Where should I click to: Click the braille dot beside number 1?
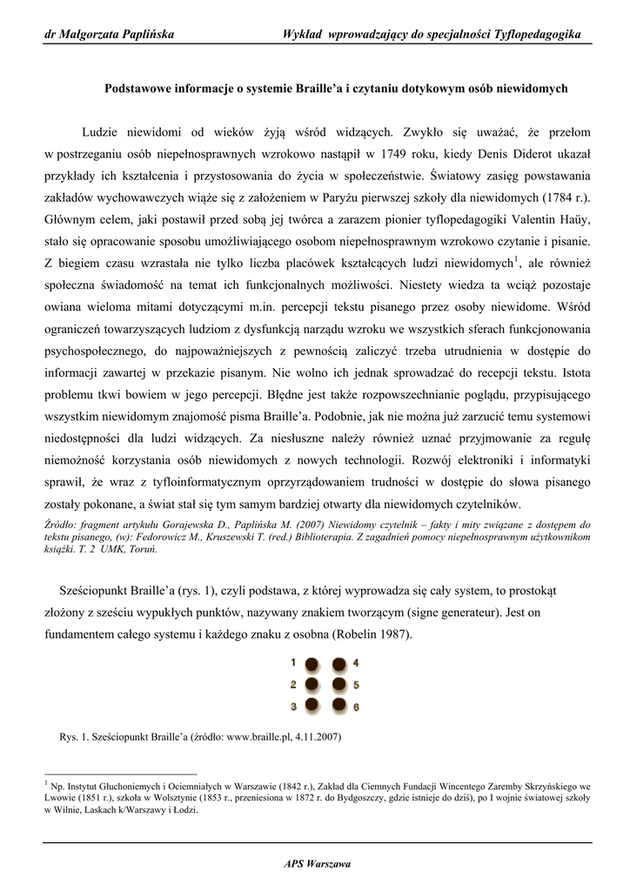click(x=314, y=663)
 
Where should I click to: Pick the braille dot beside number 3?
click(x=314, y=705)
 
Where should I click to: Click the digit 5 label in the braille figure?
click(x=356, y=686)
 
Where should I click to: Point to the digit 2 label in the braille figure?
click(x=294, y=684)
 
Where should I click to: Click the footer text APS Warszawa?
click(x=317, y=863)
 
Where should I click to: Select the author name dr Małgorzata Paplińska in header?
click(x=109, y=35)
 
